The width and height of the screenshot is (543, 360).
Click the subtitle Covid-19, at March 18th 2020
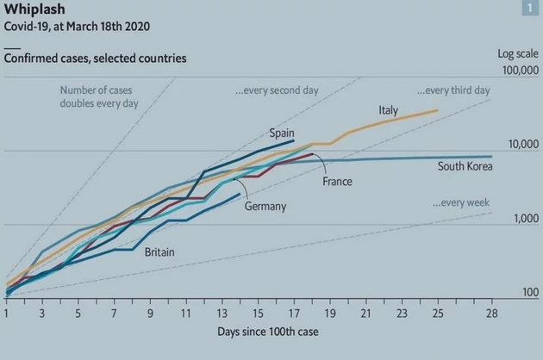click(77, 27)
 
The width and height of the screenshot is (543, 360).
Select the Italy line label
click(388, 110)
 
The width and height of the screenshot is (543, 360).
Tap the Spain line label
click(282, 133)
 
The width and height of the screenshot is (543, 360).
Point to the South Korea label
click(465, 166)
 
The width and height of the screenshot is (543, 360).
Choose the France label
click(337, 182)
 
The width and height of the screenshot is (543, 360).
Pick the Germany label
click(265, 207)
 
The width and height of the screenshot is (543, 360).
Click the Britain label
click(161, 251)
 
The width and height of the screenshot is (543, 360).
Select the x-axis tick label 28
click(491, 312)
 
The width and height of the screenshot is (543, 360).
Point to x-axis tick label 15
click(258, 312)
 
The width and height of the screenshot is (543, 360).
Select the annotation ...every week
click(461, 202)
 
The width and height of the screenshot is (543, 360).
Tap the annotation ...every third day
click(453, 90)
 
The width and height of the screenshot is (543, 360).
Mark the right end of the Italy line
click(438, 110)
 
